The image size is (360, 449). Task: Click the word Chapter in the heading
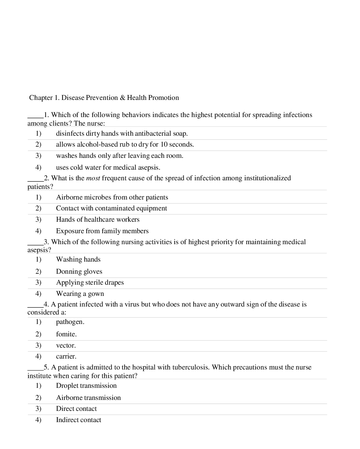tap(41, 98)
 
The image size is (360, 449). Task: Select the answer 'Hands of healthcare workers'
tap(97, 220)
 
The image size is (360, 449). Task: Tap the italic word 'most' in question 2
tap(93, 178)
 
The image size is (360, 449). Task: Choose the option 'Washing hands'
tap(78, 260)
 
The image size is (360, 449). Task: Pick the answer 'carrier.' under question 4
tap(66, 356)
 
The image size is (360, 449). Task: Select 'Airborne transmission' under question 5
tap(88, 398)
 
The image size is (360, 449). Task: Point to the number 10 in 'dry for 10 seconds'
tap(164, 145)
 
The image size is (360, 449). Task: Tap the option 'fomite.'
tap(66, 334)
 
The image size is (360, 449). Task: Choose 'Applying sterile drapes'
tap(90, 283)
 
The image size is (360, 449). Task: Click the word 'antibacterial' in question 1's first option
tap(153, 134)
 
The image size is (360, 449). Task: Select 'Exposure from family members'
tap(102, 231)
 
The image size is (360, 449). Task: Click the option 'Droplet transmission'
tap(86, 386)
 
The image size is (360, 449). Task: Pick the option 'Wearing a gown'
tap(80, 294)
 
